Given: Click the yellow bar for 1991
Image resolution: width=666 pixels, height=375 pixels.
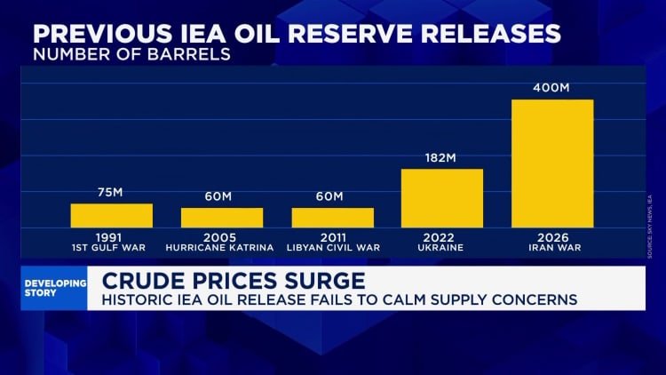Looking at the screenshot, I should (112, 215).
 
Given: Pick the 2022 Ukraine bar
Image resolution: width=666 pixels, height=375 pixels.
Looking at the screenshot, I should (442, 197).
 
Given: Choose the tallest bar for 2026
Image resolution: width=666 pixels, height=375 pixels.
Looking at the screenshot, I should (552, 163).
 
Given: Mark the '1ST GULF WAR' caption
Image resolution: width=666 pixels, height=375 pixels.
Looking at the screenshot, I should (112, 248).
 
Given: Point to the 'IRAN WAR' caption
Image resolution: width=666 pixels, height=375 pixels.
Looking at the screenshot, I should (552, 248).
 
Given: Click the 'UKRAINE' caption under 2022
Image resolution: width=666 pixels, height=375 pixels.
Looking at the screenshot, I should (442, 248).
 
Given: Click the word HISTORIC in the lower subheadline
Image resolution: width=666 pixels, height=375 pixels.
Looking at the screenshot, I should (137, 300).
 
